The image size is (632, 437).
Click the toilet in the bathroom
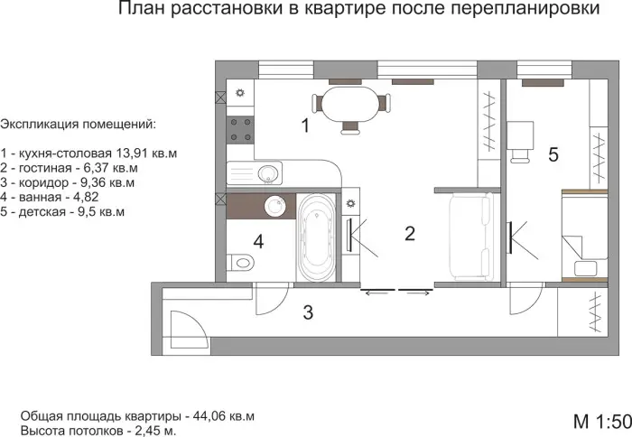[x=240, y=263]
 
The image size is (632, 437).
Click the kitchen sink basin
[x=267, y=173]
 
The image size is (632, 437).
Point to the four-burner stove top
[x=240, y=129]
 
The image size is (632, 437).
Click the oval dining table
[x=350, y=104]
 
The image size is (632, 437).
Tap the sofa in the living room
[x=472, y=237]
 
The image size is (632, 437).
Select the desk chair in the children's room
[x=521, y=155]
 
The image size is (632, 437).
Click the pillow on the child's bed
[x=586, y=268]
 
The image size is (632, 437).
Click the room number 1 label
[x=305, y=126]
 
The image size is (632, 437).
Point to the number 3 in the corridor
[x=308, y=312]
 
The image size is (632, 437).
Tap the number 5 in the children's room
[x=553, y=154]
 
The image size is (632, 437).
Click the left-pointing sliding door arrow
[x=376, y=293]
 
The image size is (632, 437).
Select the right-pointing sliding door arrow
[x=418, y=293]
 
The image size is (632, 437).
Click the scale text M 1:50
[x=602, y=422]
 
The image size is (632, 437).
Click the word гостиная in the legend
[x=45, y=168]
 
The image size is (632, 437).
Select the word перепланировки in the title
[x=525, y=9]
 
